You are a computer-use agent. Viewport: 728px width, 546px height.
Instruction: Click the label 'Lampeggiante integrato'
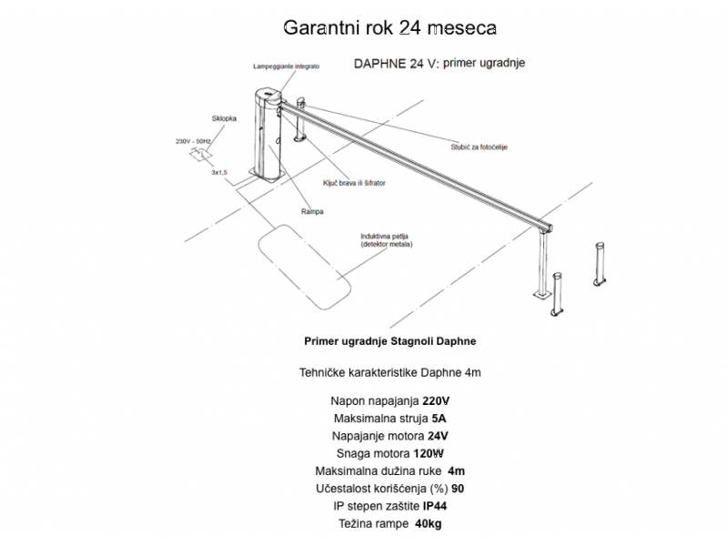point(288,67)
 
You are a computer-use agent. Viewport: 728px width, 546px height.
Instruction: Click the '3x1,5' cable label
point(218,171)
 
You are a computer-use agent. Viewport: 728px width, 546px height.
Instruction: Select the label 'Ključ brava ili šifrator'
point(354,183)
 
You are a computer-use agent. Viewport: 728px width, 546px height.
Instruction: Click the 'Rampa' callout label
point(312,211)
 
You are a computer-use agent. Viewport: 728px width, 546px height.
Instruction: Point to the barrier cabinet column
point(267,136)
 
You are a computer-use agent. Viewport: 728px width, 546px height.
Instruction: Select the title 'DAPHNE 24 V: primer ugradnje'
point(439,64)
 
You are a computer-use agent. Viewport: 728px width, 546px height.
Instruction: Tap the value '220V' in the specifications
point(438,401)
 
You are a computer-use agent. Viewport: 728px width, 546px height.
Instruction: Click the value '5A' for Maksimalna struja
point(440,419)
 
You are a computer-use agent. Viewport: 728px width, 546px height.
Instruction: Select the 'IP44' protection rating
point(436,506)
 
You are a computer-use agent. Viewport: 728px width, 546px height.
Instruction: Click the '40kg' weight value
point(429,523)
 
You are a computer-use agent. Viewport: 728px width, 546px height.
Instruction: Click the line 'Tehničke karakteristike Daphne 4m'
point(389,372)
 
